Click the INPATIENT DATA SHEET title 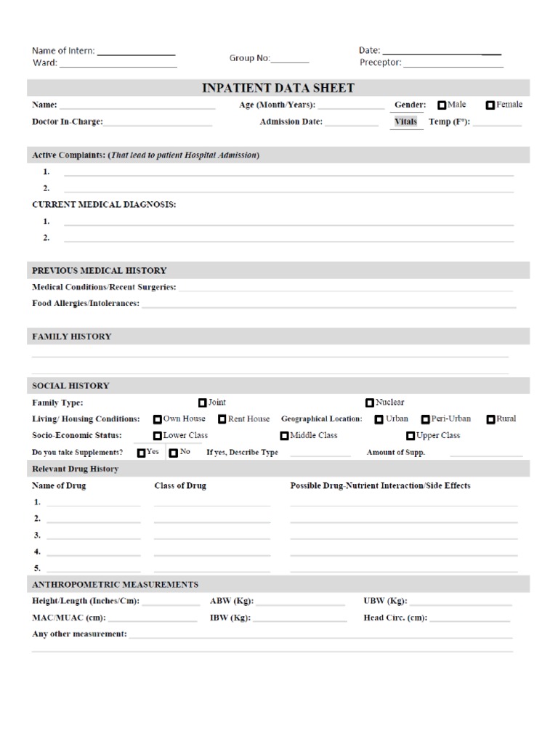click(278, 88)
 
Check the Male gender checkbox click(443, 105)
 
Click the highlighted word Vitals click(405, 121)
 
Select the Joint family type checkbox click(203, 403)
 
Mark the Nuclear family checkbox click(371, 403)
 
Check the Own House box click(158, 419)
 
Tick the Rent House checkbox click(222, 419)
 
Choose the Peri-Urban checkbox click(426, 419)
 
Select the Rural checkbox click(491, 419)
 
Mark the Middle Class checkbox click(285, 436)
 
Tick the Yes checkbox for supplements click(141, 453)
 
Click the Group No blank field click(290, 62)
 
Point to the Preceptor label click(380, 62)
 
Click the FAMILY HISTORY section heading click(72, 336)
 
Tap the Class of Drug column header click(180, 485)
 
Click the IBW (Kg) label click(230, 618)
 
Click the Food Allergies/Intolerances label click(86, 303)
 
